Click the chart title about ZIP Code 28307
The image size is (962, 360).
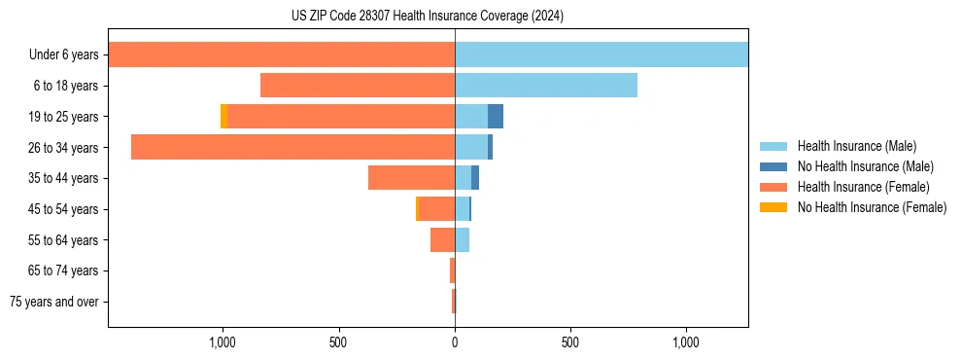click(x=427, y=17)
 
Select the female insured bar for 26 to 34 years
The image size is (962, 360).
click(x=292, y=147)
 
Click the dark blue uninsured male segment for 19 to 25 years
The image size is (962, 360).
click(x=496, y=117)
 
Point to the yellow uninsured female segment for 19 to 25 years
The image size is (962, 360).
click(x=223, y=117)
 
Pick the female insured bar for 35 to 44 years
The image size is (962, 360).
click(x=411, y=178)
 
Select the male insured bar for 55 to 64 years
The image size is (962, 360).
click(x=463, y=239)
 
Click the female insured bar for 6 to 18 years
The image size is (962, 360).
click(x=358, y=86)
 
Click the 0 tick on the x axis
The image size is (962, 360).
click(x=455, y=343)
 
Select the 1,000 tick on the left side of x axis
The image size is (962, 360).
click(x=223, y=343)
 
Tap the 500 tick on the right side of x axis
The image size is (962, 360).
click(x=570, y=343)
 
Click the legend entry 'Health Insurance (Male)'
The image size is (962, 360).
click(x=856, y=146)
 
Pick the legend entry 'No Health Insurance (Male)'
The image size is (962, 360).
click(x=865, y=166)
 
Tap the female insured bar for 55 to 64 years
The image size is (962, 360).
click(x=442, y=239)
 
